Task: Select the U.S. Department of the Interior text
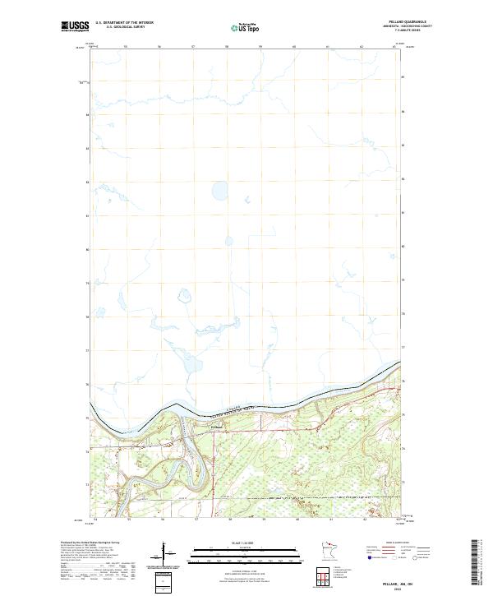pos(125,24)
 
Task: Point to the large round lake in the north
pos(220,192)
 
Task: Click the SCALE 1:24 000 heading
pos(244,543)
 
